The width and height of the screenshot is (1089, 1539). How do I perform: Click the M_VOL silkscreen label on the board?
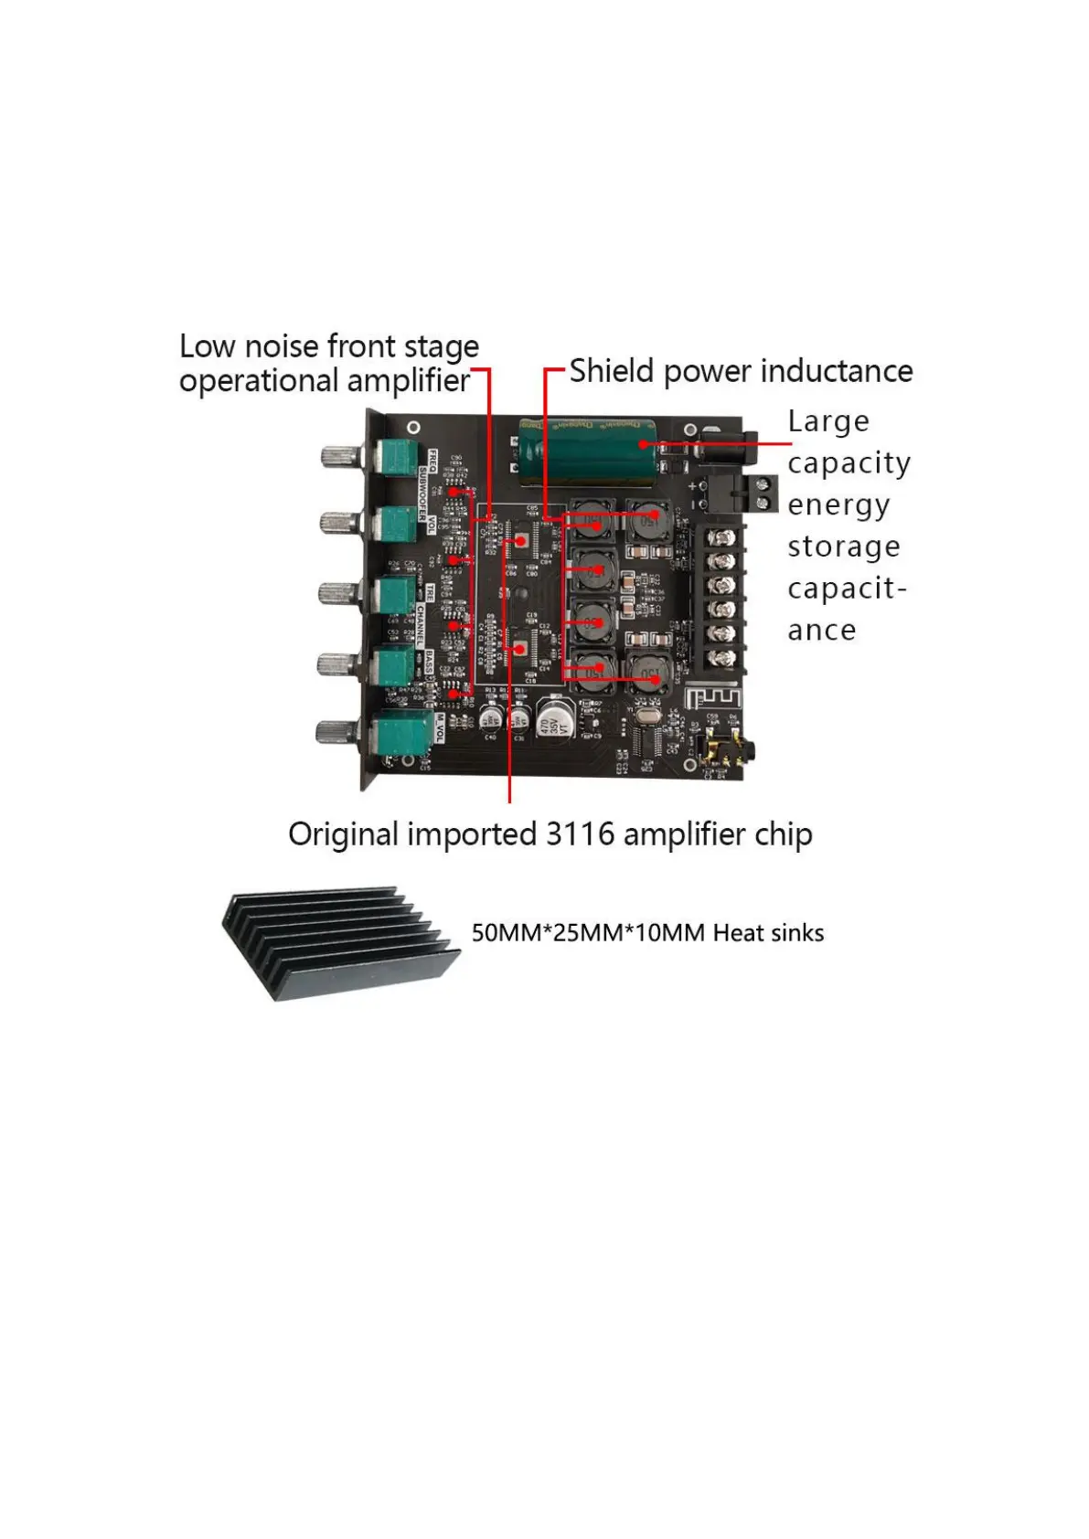439,727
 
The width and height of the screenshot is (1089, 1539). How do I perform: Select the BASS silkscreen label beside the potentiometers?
429,662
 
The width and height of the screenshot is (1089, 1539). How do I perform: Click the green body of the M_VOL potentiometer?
401,732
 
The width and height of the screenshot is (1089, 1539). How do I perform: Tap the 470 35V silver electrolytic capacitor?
553,718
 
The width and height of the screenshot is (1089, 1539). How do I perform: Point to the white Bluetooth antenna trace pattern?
713,699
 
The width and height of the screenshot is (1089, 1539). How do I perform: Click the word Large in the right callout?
828,422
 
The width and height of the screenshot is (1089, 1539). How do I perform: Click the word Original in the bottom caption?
344,835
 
